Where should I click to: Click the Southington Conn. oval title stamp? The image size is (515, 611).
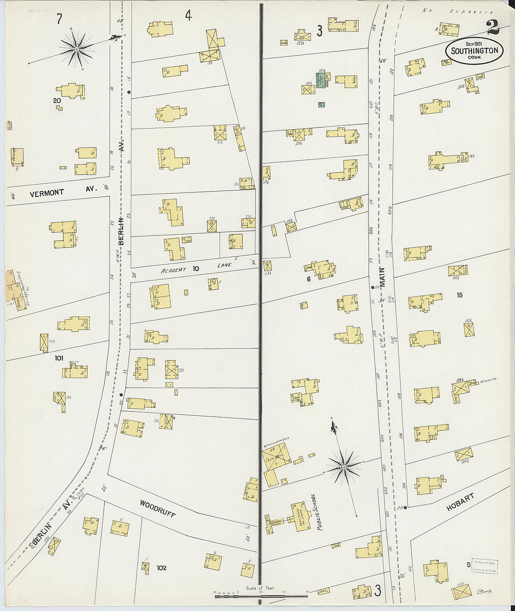coord(474,51)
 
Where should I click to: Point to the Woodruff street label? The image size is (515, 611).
coord(157,508)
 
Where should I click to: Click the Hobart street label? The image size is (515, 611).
coord(460,501)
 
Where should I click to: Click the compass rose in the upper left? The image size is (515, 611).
coord(76,49)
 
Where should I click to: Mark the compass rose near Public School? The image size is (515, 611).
coord(344,467)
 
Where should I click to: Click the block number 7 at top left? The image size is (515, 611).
coord(59,19)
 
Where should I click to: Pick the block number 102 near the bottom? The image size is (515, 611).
coord(161,568)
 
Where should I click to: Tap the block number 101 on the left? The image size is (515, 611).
coord(59,358)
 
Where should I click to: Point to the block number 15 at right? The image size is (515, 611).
coord(459,295)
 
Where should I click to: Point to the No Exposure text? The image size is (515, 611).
coord(451,10)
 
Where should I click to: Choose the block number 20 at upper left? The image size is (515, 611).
coord(57,100)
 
